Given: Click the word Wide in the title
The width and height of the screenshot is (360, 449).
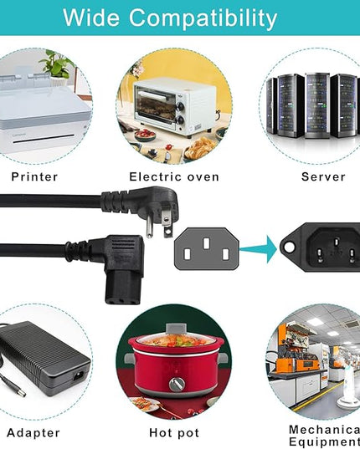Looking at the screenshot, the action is pos(91,18).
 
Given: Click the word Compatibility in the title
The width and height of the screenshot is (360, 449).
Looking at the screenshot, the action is pos(203,19).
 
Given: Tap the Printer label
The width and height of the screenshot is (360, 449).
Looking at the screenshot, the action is pos(34,176).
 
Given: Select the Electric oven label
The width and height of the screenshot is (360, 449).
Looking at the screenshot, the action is pos(174,176).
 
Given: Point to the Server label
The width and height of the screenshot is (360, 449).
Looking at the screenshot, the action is pos(323,176).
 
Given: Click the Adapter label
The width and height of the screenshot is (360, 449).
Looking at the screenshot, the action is pos(33,432).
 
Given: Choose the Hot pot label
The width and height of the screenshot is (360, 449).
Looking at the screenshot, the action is pos(174,432).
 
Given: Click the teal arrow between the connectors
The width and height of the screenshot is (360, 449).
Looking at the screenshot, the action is pos(258,249).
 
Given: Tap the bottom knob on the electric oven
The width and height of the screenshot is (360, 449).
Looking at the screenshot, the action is pos(180,120).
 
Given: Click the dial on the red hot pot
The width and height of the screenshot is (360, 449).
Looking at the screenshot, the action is pos(177,384).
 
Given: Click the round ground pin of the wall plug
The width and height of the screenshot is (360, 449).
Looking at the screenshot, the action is pos(148,227).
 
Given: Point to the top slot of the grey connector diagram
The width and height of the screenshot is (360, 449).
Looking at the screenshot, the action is pos(206,243).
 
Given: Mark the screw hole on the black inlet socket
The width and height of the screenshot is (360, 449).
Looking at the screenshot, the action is pos(290,247).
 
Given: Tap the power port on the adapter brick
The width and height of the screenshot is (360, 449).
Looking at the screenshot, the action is pos(79,375).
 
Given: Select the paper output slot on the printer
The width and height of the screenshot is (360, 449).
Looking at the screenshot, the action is pos(47,139).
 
